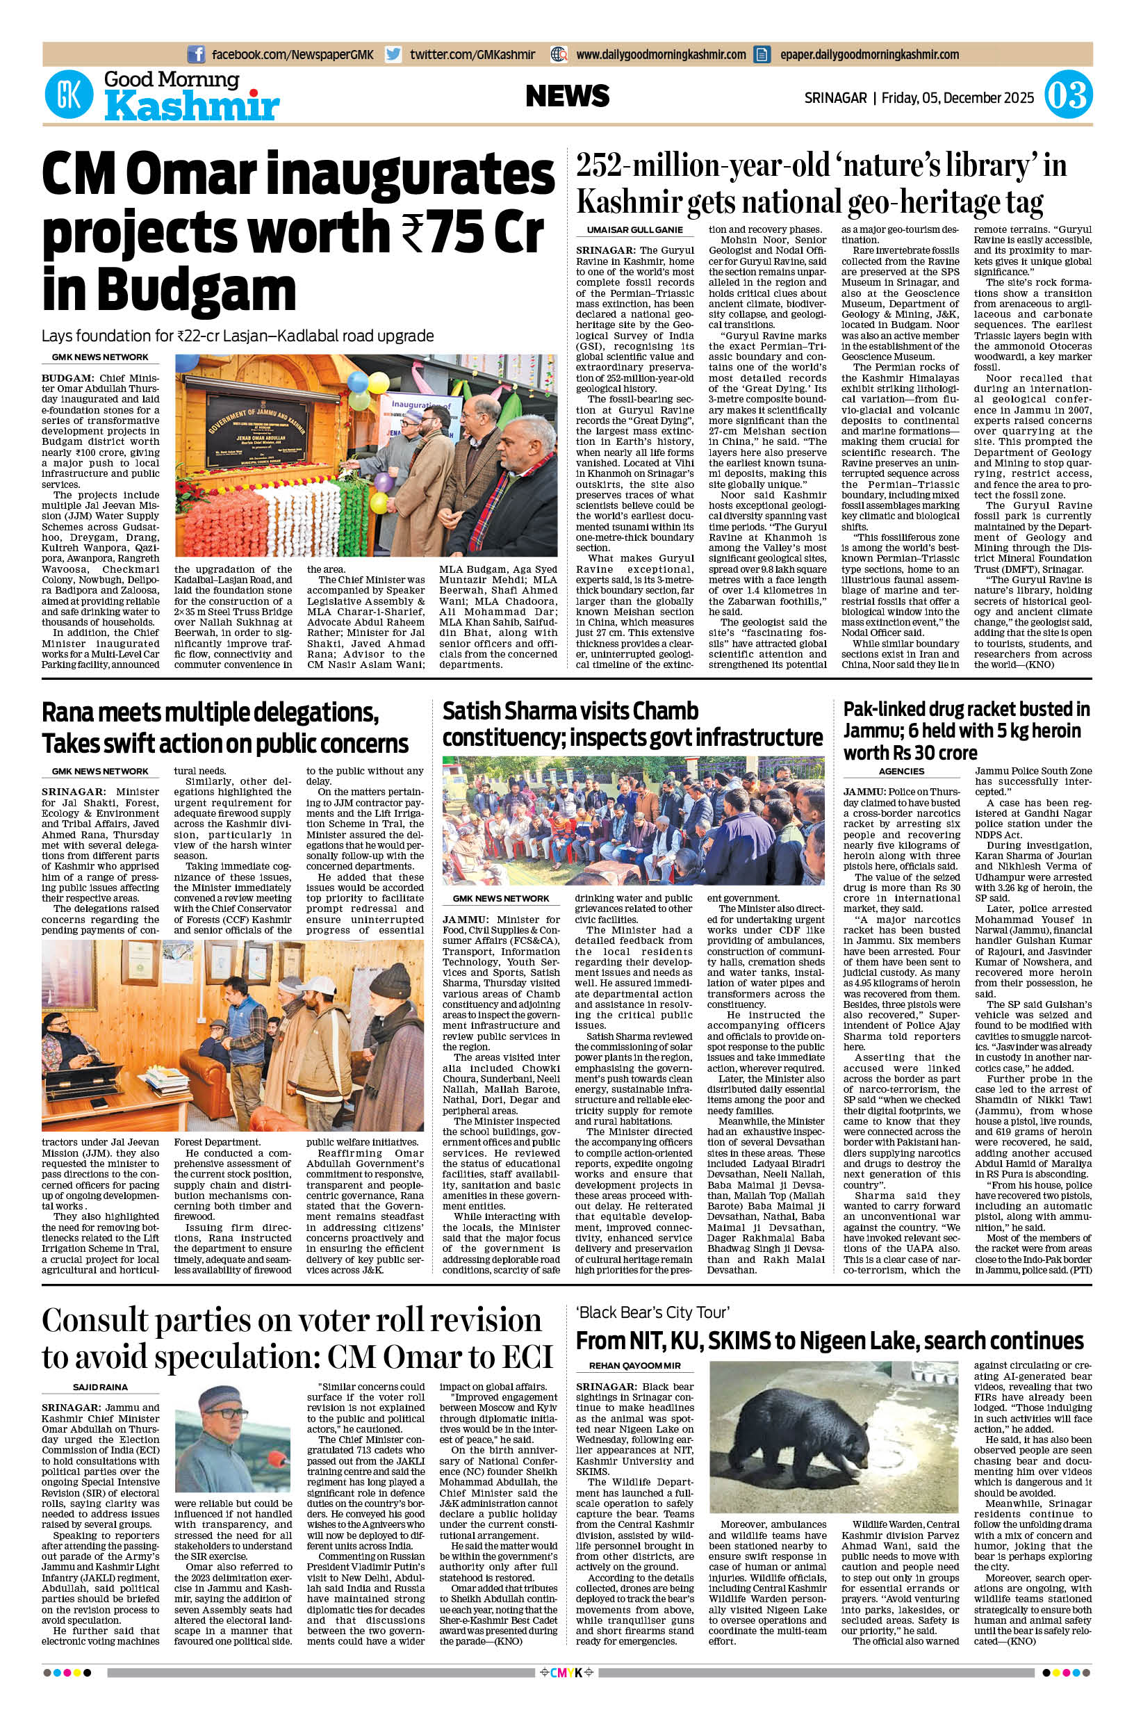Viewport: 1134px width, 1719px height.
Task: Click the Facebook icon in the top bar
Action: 195,54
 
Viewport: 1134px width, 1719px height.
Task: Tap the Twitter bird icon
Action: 393,54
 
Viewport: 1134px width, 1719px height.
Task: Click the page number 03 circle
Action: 1068,96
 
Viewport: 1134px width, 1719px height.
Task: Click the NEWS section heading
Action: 567,96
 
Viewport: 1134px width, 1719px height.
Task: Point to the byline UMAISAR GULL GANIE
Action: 630,230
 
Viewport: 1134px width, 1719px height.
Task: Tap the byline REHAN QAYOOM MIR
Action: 630,1365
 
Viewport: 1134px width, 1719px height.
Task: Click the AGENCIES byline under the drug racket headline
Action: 902,772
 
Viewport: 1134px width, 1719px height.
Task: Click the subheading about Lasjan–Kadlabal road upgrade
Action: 237,336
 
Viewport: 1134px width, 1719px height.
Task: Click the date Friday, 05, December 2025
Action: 958,97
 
